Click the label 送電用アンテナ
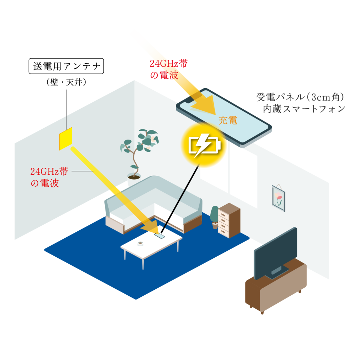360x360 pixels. coord(66,66)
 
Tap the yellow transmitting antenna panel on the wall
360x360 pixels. coord(66,138)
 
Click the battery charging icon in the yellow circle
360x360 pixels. coord(205,144)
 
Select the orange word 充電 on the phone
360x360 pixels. coord(228,121)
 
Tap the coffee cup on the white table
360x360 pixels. coord(140,243)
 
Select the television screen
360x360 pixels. coord(276,252)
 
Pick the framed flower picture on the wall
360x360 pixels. coord(278,198)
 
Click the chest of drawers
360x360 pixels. coord(229,220)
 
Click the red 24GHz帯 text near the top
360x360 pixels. coord(169,64)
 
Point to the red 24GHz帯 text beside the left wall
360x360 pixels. coord(49,172)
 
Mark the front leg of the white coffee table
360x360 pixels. coord(143,264)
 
